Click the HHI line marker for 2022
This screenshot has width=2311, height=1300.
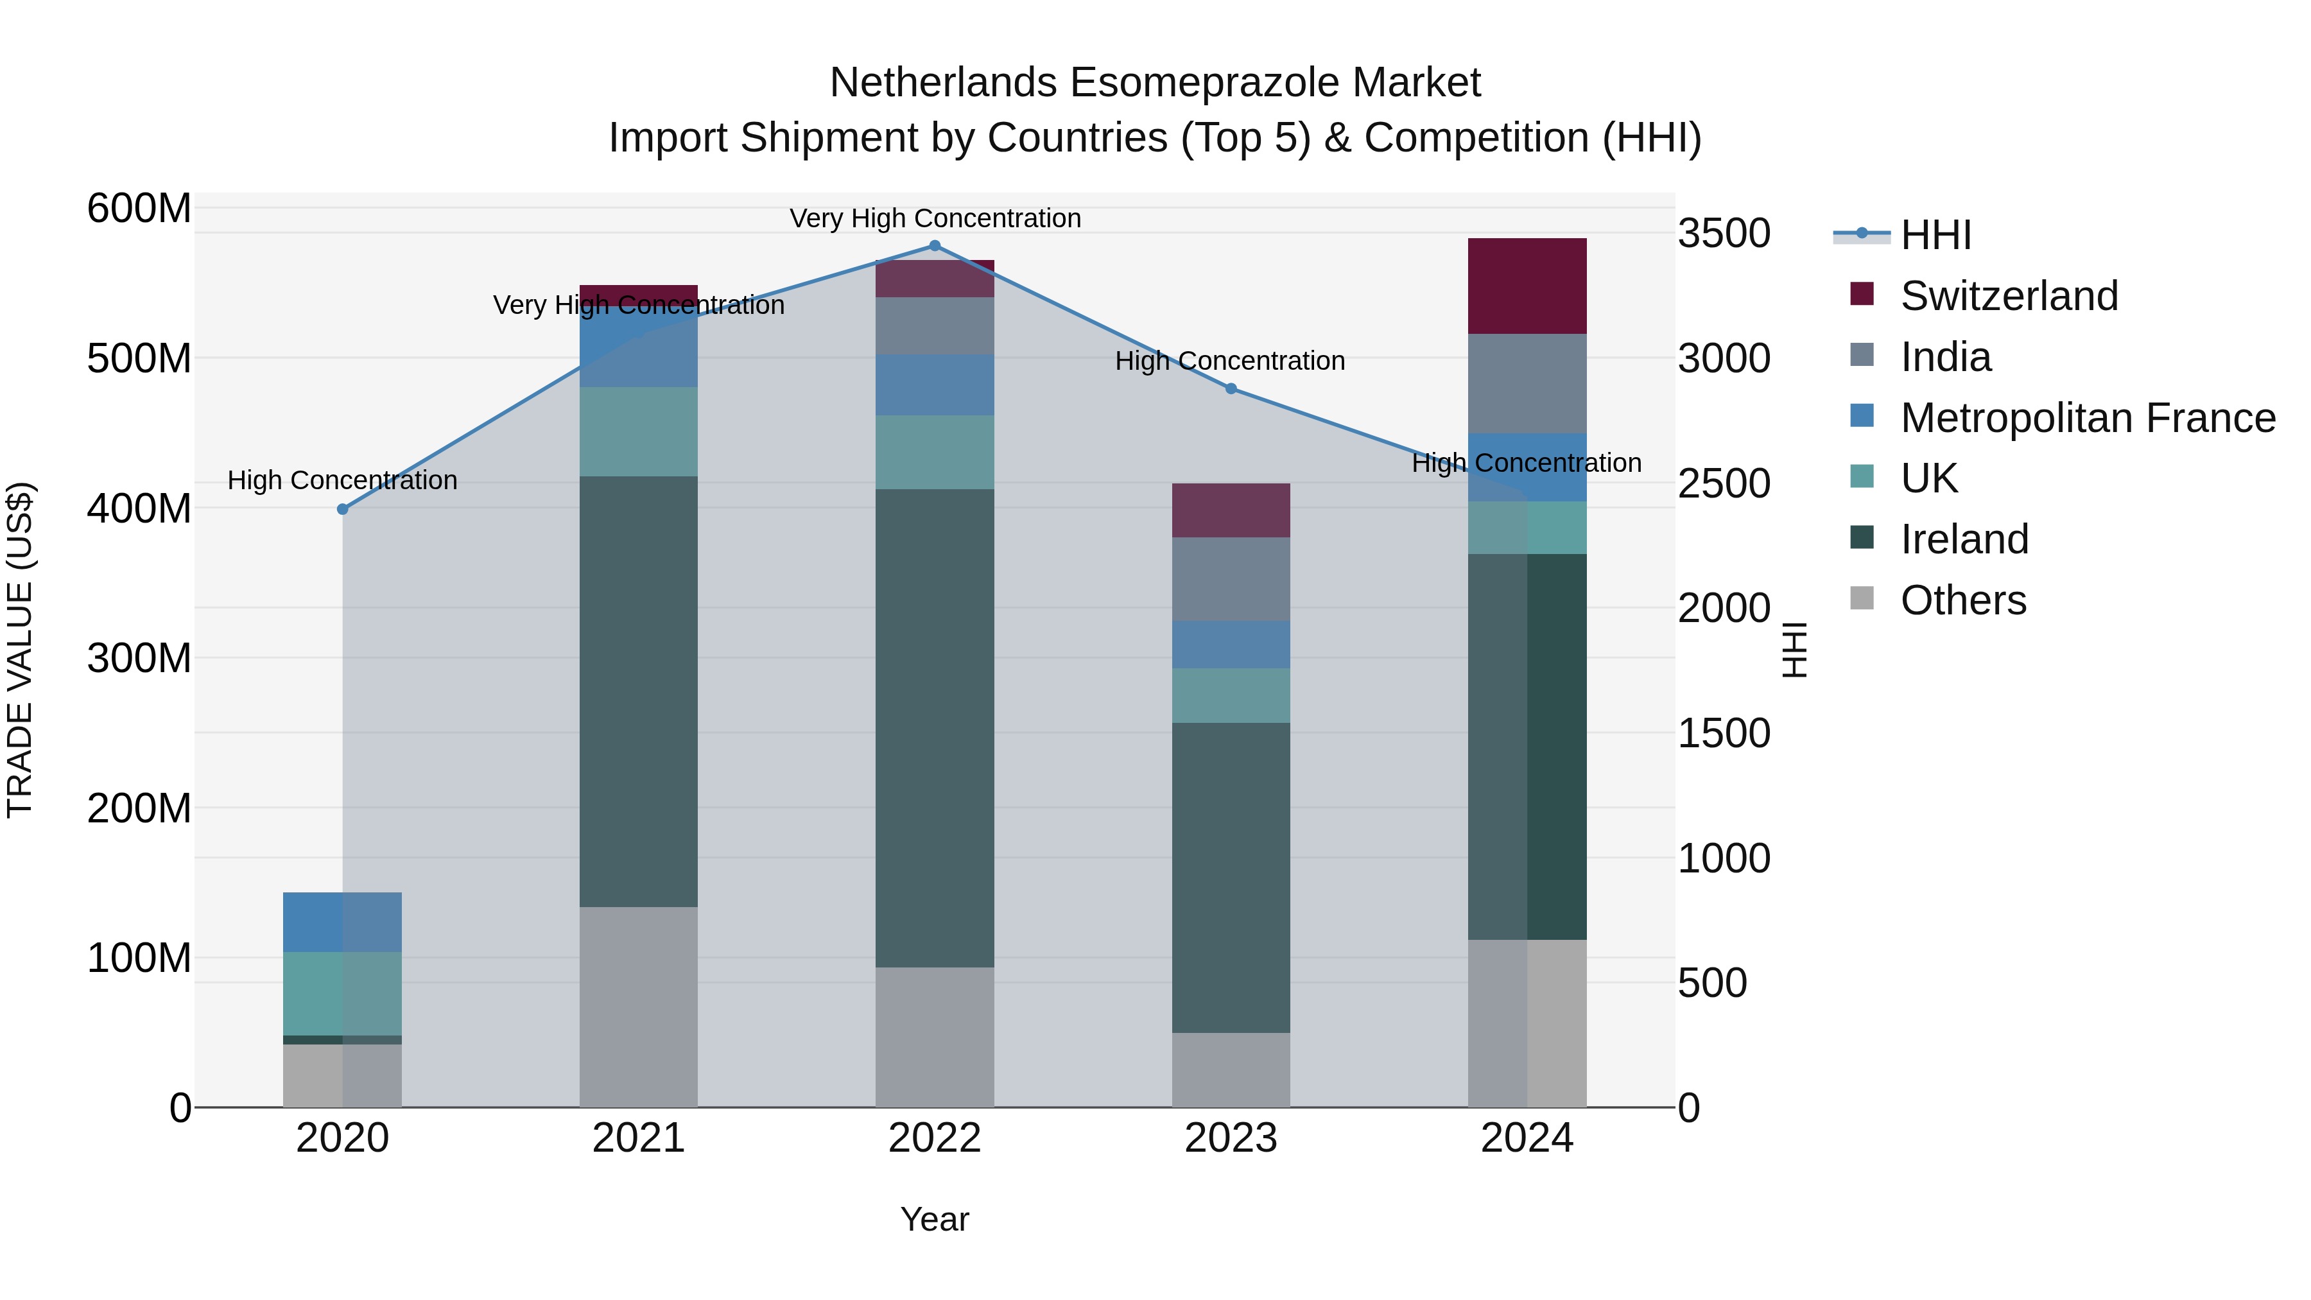(935, 246)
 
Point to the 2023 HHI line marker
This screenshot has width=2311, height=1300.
(1231, 388)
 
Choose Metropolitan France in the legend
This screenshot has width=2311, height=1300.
(2087, 418)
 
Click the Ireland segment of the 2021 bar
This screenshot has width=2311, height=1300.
(639, 691)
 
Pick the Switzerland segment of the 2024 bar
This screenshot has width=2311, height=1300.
(1527, 286)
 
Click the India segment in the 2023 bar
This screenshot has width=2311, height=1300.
(1231, 580)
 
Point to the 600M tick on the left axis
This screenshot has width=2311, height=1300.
(139, 209)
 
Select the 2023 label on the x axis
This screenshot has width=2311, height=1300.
(1231, 1138)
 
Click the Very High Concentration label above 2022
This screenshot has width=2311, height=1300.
(935, 219)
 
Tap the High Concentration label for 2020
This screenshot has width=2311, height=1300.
(343, 481)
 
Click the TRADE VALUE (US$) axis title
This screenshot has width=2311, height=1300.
(20, 650)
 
